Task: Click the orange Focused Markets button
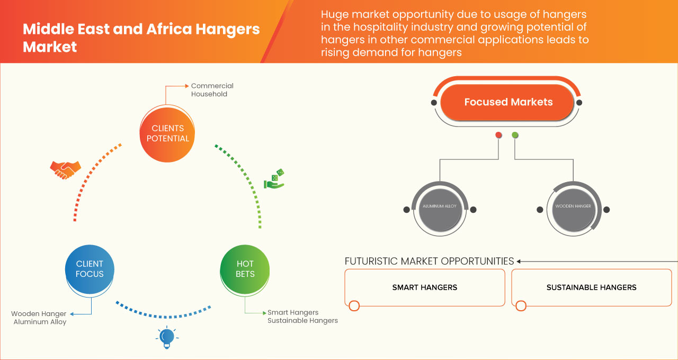tap(507, 102)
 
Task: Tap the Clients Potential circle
tap(167, 133)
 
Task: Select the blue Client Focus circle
tap(90, 269)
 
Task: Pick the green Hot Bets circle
tap(245, 269)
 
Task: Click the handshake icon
tap(65, 169)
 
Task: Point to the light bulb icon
tap(167, 337)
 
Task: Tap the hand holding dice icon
tap(274, 179)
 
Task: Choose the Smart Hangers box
tap(424, 287)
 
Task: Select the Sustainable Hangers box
tap(591, 287)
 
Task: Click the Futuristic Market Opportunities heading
tap(429, 261)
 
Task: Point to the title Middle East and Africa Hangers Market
tap(141, 38)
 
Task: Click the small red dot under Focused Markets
tap(498, 135)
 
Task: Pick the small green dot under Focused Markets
tap(515, 135)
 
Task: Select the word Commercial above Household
tap(212, 86)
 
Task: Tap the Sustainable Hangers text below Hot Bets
tap(302, 321)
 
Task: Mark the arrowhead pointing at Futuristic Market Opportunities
tap(519, 261)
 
